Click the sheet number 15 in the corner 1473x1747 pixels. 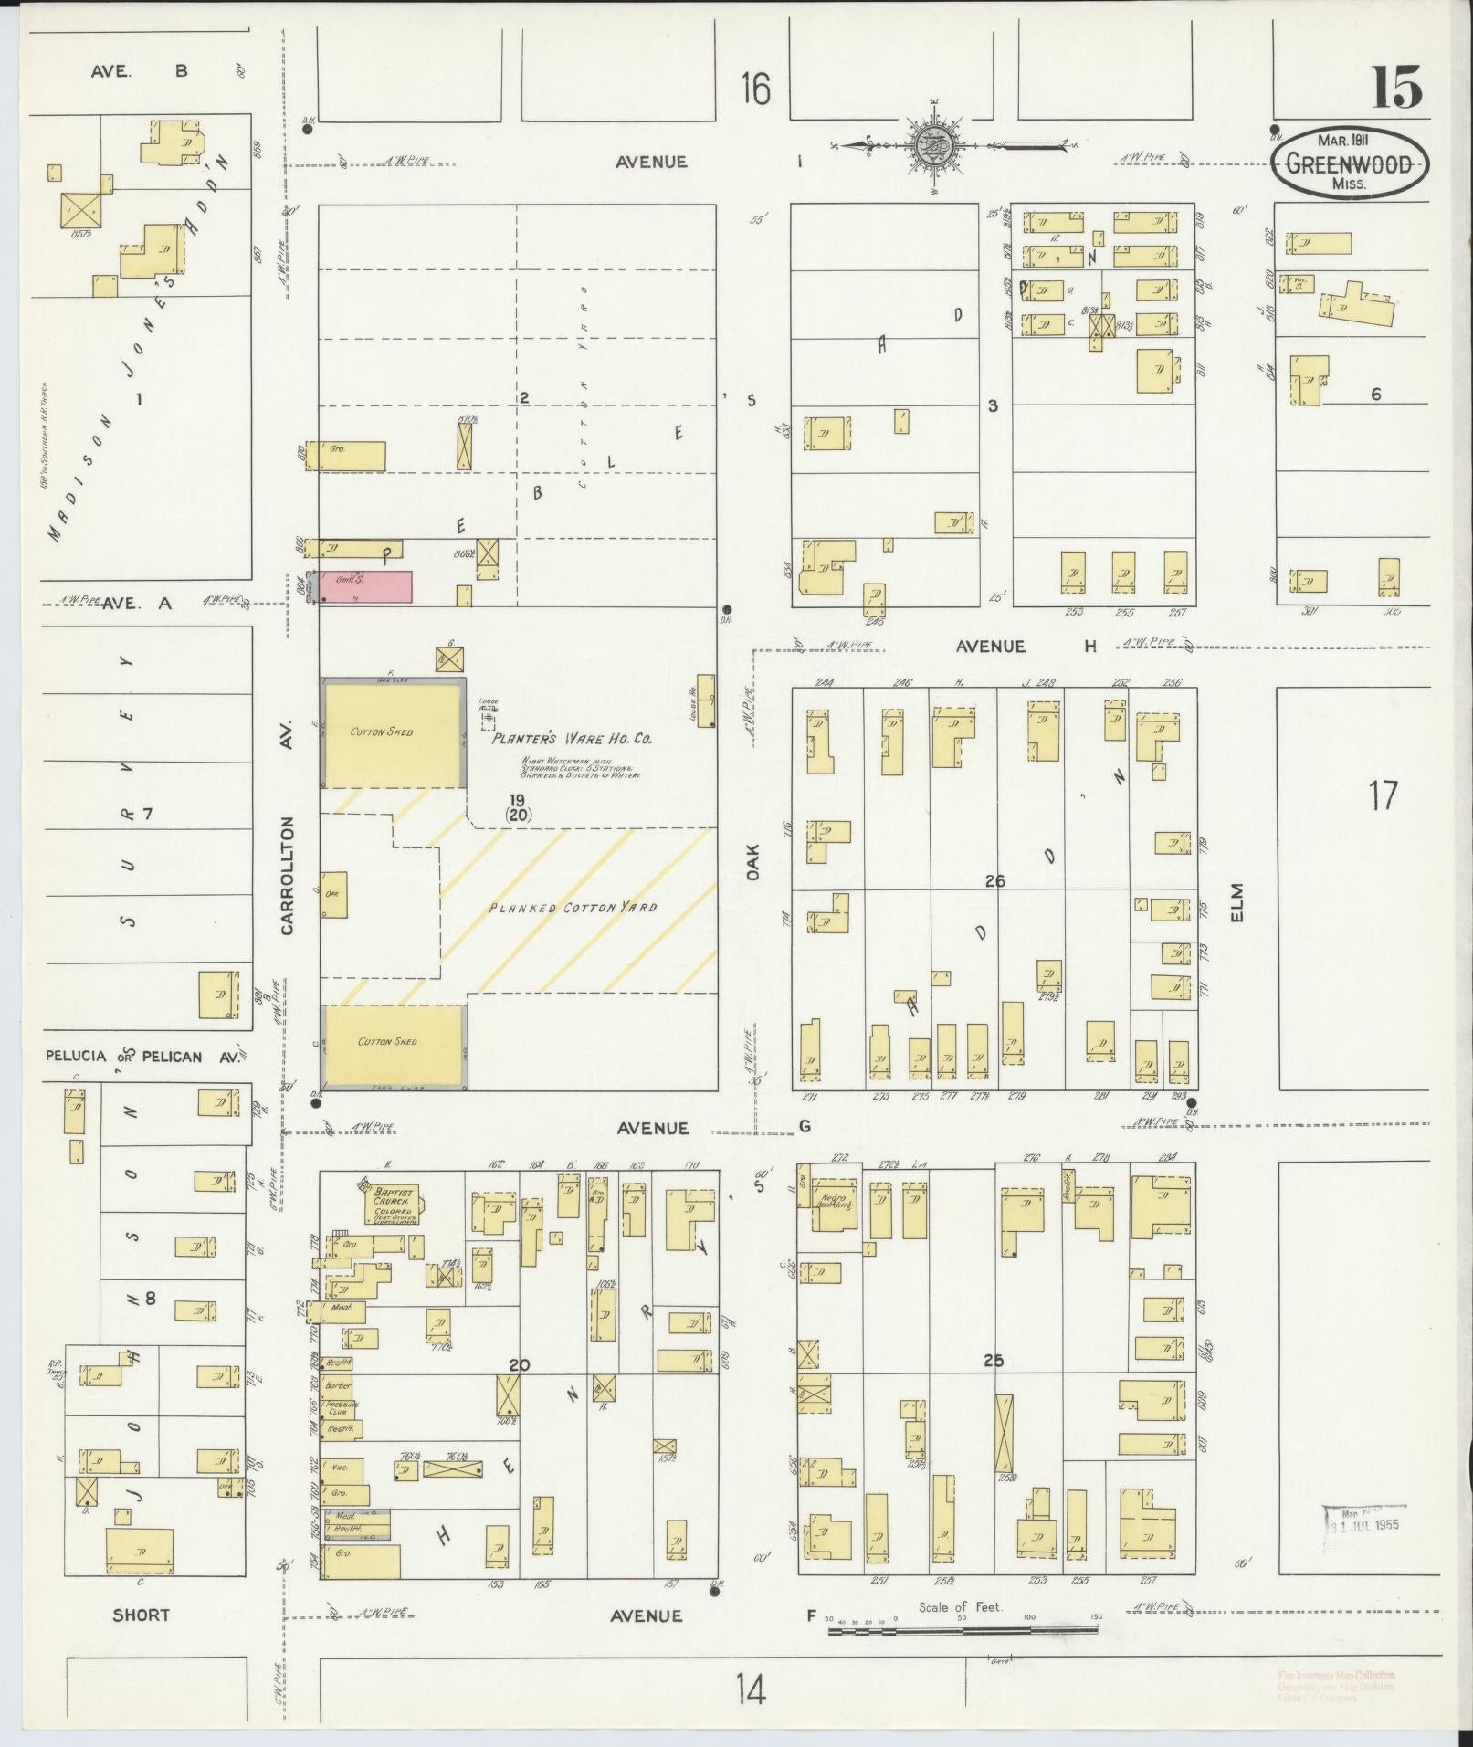pos(1395,89)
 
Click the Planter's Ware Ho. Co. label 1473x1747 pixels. pos(573,739)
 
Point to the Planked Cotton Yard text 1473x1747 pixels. pos(573,908)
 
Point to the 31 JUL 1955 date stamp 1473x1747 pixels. pos(1363,1524)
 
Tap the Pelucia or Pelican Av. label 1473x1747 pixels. pos(142,1057)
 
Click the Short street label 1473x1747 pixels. pos(141,1615)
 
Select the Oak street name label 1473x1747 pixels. pos(753,868)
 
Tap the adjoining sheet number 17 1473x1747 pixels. pos(1383,795)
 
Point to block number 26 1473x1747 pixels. pos(994,881)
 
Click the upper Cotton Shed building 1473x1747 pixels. pos(392,732)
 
